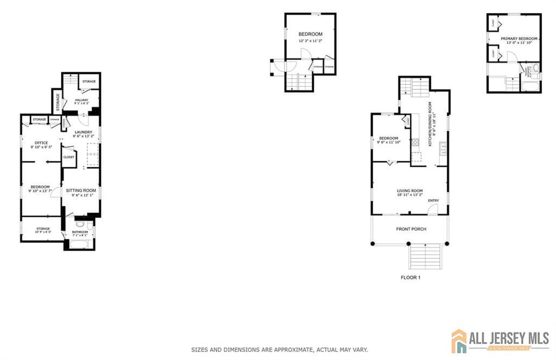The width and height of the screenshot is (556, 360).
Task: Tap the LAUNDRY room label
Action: (83, 132)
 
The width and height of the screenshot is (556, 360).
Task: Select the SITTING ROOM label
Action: (81, 191)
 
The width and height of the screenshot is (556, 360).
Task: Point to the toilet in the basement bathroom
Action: (80, 224)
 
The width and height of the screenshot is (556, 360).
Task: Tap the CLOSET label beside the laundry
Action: (69, 157)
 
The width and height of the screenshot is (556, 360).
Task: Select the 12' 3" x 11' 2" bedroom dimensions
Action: (310, 41)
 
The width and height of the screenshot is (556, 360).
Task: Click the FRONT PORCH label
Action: (411, 229)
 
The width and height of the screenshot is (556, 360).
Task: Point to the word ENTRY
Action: (433, 201)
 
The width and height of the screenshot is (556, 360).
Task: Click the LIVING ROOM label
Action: (410, 191)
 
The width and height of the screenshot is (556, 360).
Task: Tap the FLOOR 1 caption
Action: (410, 277)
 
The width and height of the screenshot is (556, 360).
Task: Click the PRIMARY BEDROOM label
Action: (519, 39)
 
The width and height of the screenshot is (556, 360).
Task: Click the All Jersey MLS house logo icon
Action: (459, 340)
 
